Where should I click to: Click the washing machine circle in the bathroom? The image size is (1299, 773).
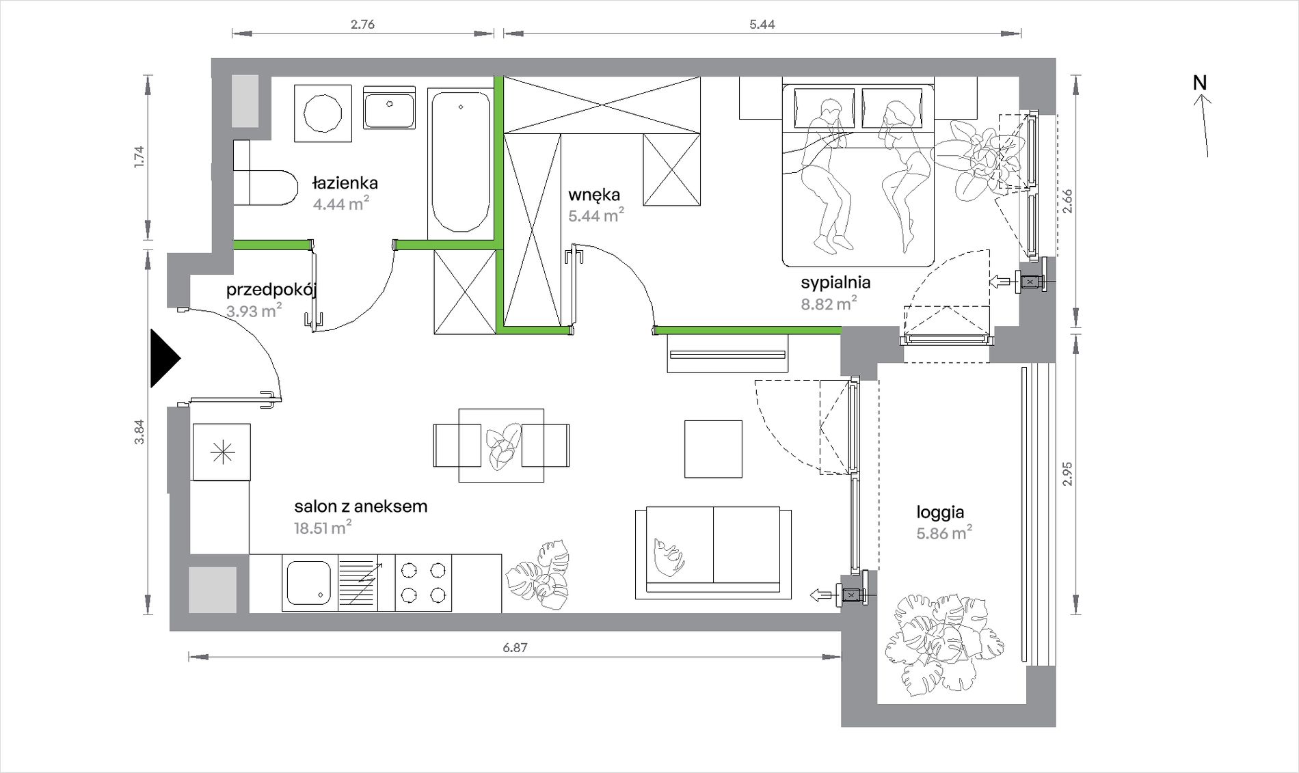click(x=323, y=113)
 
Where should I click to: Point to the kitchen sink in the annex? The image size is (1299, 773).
click(x=309, y=583)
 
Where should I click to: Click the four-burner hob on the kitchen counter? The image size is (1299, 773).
click(x=423, y=583)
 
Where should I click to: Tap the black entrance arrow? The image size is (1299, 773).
click(x=165, y=358)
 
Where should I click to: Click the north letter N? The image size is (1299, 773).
click(x=1200, y=83)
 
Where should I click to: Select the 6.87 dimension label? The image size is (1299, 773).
click(x=515, y=648)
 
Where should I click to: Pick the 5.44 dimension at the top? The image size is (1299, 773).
click(x=762, y=25)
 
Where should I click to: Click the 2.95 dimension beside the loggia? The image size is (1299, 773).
click(x=1068, y=474)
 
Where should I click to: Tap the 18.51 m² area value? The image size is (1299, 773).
click(x=323, y=528)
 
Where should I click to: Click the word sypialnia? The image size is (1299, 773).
click(x=835, y=282)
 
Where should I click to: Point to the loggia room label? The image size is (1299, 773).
click(x=940, y=512)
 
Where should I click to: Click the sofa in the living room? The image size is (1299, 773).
click(x=714, y=553)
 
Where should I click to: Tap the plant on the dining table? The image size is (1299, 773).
click(x=502, y=446)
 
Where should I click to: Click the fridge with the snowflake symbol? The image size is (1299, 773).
click(x=222, y=452)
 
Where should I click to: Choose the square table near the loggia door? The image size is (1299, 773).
click(x=714, y=449)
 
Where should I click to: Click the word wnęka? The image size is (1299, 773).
click(x=594, y=195)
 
